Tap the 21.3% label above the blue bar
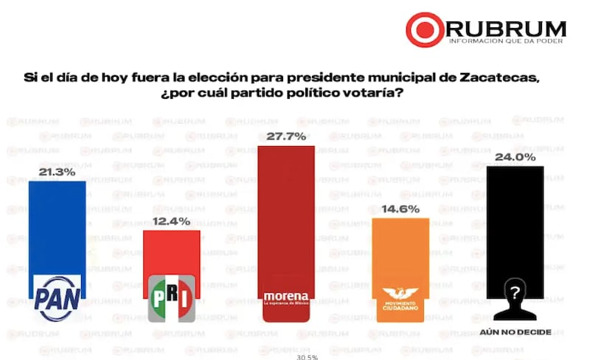(x=56, y=171)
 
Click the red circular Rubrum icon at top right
(x=426, y=30)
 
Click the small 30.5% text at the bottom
(x=307, y=356)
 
